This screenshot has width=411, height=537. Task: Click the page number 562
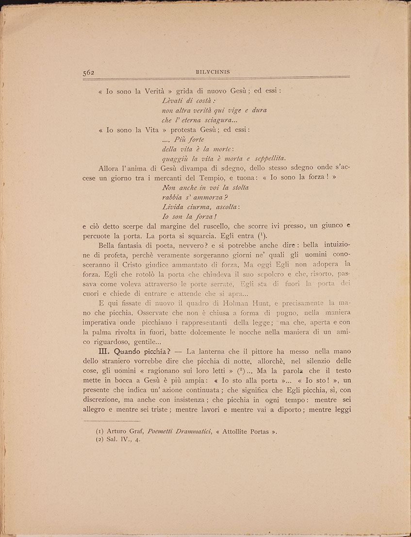point(88,72)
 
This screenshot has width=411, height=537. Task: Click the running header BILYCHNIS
point(209,72)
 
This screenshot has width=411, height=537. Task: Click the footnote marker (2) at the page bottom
point(100,440)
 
